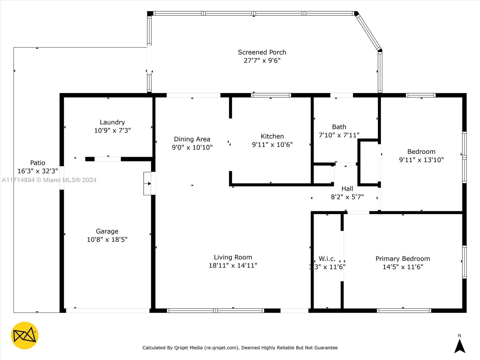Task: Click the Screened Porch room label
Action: pos(262,52)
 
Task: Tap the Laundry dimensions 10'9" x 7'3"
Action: pos(112,130)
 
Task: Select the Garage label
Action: pos(107,231)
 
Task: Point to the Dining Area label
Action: pos(192,139)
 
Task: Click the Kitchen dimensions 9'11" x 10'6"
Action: pos(272,145)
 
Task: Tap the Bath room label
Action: pos(339,127)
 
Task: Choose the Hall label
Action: pos(347,189)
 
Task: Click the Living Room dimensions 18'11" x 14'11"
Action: pos(233,265)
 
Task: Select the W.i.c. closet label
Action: pos(327,259)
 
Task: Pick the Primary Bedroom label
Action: pos(403,259)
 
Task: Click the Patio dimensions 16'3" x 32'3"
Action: pos(37,171)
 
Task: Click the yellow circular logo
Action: pos(25,335)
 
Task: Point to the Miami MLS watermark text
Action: pos(49,180)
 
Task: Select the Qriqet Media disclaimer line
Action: pos(240,347)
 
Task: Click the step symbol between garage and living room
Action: pos(147,183)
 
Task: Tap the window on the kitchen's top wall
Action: pos(271,95)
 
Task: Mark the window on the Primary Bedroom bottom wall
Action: pos(404,310)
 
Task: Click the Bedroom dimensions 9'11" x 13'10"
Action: pos(421,160)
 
